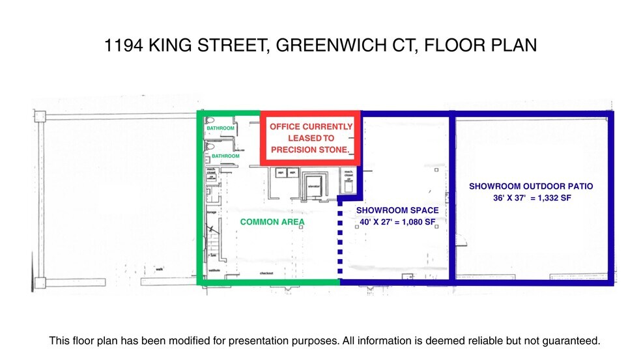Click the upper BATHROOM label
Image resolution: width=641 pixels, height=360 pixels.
point(220,128)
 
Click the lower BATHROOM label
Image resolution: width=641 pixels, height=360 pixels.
point(225,156)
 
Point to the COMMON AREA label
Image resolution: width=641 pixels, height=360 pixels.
point(272,222)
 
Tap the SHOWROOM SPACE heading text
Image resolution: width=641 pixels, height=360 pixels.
point(397,210)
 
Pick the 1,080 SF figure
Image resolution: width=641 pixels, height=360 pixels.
point(418,223)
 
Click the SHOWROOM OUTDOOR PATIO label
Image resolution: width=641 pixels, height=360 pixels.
point(531,186)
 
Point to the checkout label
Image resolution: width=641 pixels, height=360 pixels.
point(266,273)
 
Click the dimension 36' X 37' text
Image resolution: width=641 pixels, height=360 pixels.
point(511,198)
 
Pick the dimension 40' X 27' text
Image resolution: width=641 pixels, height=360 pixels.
point(377,223)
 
